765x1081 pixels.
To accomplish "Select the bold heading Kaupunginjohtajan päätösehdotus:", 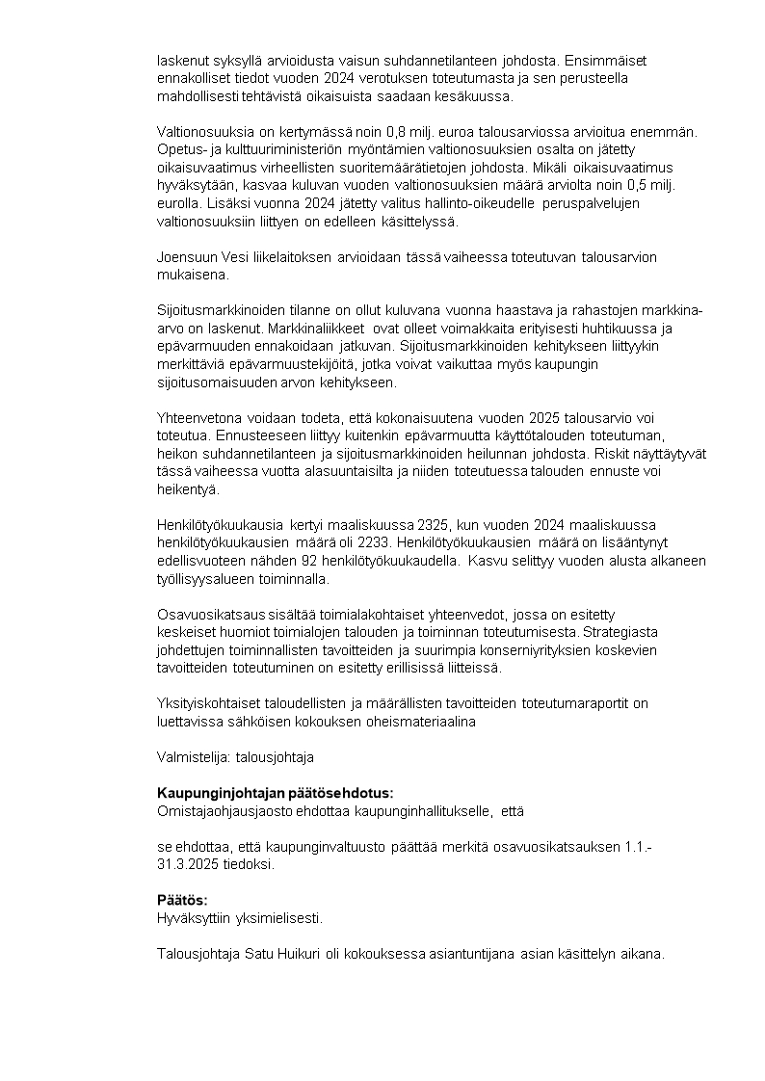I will tap(276, 793).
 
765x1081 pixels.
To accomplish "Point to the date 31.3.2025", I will tap(186, 864).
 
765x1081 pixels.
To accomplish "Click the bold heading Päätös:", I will tap(182, 900).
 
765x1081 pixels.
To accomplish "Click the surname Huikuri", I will tap(305, 954).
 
